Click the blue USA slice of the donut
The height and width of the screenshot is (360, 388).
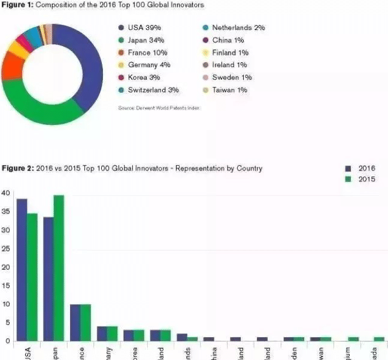[x=90, y=66]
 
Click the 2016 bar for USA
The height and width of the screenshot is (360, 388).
[x=22, y=269]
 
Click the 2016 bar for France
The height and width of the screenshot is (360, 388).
[x=75, y=322]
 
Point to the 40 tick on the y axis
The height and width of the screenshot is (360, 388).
[x=5, y=193]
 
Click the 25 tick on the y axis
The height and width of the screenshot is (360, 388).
[x=5, y=249]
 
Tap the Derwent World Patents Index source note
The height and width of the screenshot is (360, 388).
[x=159, y=108]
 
